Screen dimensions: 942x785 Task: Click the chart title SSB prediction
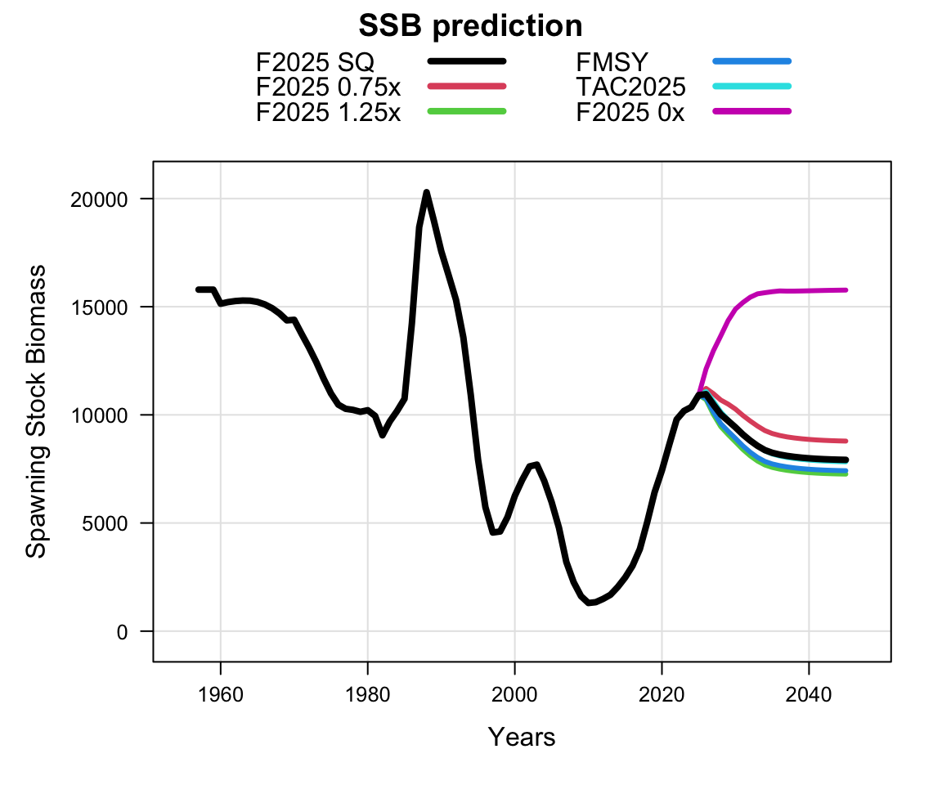470,26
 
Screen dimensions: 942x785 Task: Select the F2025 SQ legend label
315,62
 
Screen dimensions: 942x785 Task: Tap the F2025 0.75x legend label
328,87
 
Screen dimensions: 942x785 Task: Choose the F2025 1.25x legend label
328,112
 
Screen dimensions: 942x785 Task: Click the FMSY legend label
612,62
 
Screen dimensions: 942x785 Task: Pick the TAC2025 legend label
630,87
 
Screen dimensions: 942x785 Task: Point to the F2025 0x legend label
630,112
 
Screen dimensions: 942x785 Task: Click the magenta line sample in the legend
752,111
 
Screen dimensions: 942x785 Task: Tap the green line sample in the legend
467,111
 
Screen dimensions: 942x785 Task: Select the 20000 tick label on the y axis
99,200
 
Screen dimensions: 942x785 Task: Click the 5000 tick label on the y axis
105,523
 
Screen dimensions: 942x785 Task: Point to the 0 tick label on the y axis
123,632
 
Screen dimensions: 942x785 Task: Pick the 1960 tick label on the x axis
221,695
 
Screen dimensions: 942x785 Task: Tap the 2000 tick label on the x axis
514,695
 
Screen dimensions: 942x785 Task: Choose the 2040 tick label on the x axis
809,695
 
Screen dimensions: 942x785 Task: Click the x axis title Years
522,737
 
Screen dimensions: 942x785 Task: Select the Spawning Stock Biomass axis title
36,411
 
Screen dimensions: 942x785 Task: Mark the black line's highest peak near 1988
427,192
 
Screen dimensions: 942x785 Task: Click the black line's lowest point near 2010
589,603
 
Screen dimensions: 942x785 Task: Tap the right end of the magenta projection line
846,290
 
